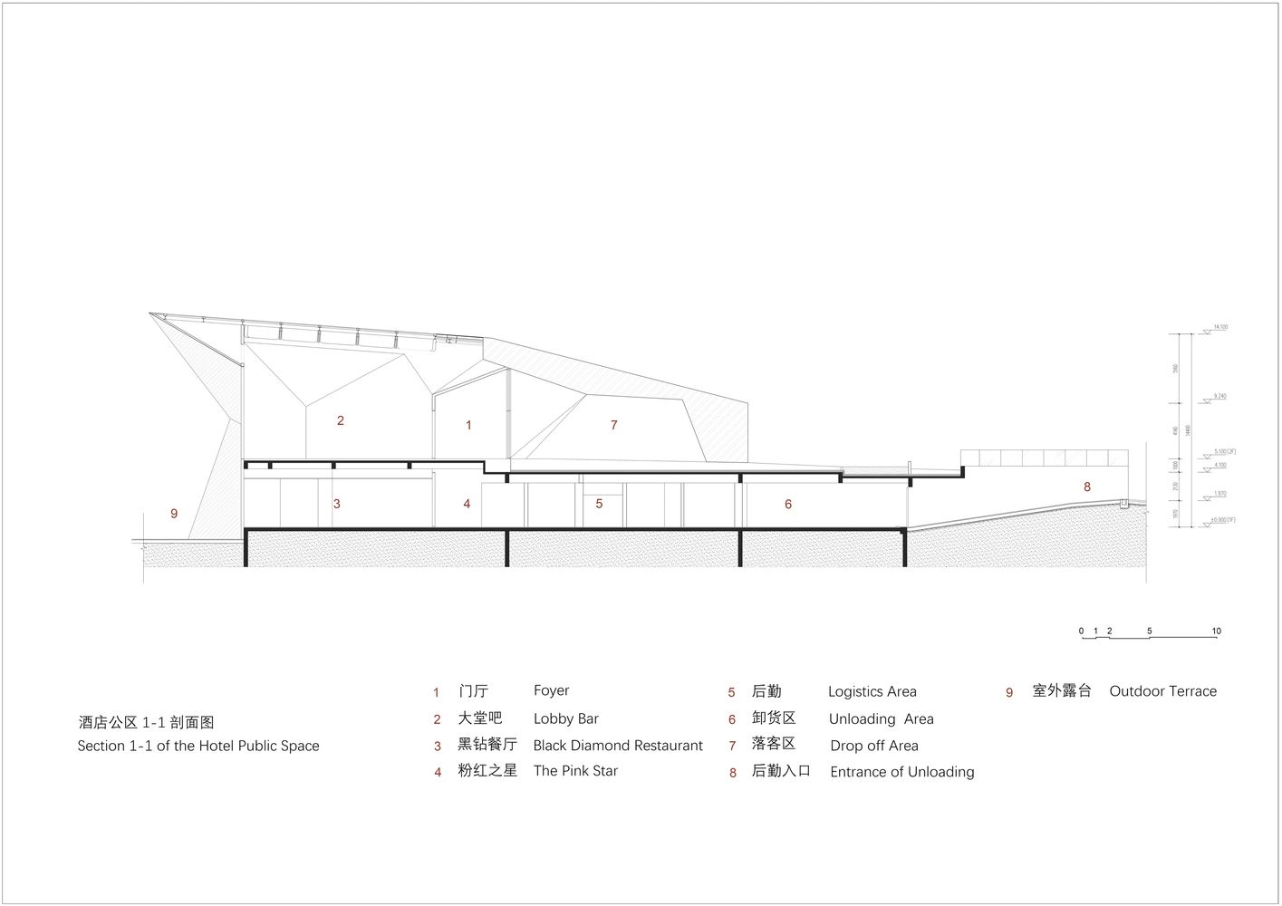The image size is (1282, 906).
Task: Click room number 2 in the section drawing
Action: coord(341,420)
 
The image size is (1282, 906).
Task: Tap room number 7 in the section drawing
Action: coord(614,425)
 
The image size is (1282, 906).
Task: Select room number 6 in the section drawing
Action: coord(788,505)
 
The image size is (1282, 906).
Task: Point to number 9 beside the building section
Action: coord(174,514)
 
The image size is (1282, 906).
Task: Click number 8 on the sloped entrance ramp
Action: coord(1087,487)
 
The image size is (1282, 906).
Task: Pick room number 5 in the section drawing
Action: coord(599,504)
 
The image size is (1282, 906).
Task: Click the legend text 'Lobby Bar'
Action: coord(565,718)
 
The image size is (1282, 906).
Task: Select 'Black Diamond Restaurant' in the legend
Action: coord(617,746)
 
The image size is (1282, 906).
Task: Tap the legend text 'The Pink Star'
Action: coord(575,771)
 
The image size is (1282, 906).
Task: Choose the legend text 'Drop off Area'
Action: coord(873,746)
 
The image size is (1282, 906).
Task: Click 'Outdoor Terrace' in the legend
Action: coord(1162,691)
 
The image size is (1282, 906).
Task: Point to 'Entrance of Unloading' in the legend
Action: coord(901,772)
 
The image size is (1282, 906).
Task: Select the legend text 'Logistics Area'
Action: coord(872,691)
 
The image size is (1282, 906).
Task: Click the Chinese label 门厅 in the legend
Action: coord(473,691)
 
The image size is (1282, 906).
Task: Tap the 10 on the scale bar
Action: coord(1216,631)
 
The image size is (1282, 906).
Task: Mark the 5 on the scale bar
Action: coord(1150,631)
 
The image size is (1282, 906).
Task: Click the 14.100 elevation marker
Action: coord(1220,327)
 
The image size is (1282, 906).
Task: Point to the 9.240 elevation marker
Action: coord(1220,396)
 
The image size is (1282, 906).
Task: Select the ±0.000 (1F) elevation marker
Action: coord(1223,520)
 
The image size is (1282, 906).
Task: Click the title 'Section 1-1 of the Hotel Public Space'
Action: coord(198,746)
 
